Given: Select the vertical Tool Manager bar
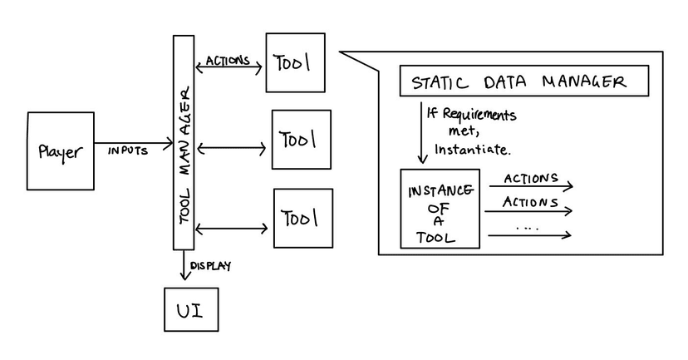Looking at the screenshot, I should point(184,141).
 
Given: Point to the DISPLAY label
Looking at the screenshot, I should point(210,266).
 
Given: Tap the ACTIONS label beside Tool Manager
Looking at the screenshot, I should point(227,61).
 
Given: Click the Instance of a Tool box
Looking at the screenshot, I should point(440,209).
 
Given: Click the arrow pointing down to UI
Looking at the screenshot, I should point(183,266).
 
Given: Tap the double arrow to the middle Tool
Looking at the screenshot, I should point(232,149).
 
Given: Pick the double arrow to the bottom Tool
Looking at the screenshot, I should point(232,228).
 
